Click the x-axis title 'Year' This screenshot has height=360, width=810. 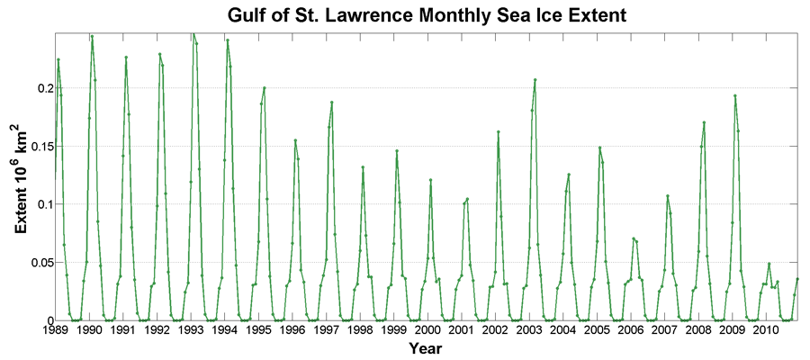pos(426,348)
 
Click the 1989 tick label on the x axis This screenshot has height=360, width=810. pos(56,330)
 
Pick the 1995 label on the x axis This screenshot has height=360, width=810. pos(258,330)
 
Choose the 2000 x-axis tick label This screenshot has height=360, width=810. pos(427,330)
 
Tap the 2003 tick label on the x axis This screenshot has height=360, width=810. pos(529,330)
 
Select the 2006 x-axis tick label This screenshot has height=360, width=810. pos(631,330)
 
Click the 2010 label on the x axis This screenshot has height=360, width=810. pos(766,330)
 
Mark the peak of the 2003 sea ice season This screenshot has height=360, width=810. pos(535,80)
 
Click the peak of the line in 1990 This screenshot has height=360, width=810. pos(92,37)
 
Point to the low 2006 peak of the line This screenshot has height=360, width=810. pos(634,238)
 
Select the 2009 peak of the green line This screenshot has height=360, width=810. pos(735,95)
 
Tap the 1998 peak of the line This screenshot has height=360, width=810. pos(363,167)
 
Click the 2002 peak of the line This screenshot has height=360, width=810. pos(499,131)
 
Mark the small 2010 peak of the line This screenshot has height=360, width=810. pos(769,264)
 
